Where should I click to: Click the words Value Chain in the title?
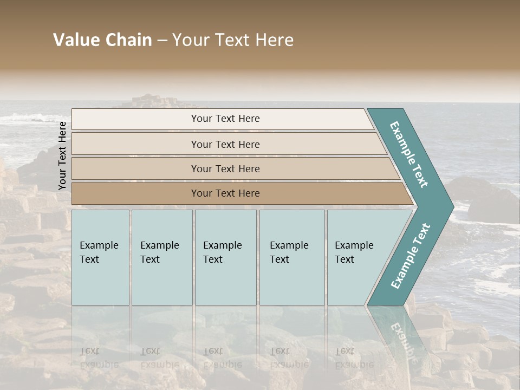pos(102,40)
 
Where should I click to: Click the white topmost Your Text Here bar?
pos(225,119)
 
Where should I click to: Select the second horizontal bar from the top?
pos(225,144)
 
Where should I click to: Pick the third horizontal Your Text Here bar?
pos(225,168)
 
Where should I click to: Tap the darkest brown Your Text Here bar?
pos(225,193)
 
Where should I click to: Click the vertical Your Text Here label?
pos(62,155)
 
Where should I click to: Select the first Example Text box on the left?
pos(100,257)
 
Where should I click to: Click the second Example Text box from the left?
pos(161,257)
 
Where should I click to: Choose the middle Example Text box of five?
pos(225,257)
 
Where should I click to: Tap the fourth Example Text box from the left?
pos(291,257)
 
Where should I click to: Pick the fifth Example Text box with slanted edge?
pos(357,257)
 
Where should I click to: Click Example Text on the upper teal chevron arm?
pos(409,154)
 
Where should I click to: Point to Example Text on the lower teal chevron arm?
pos(410,256)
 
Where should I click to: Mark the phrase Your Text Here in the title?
pos(233,40)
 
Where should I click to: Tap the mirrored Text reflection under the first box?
pos(90,351)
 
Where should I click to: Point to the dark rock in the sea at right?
pos(490,203)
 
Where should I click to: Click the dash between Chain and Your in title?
pos(162,41)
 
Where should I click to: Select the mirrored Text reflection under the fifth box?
pos(344,351)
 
